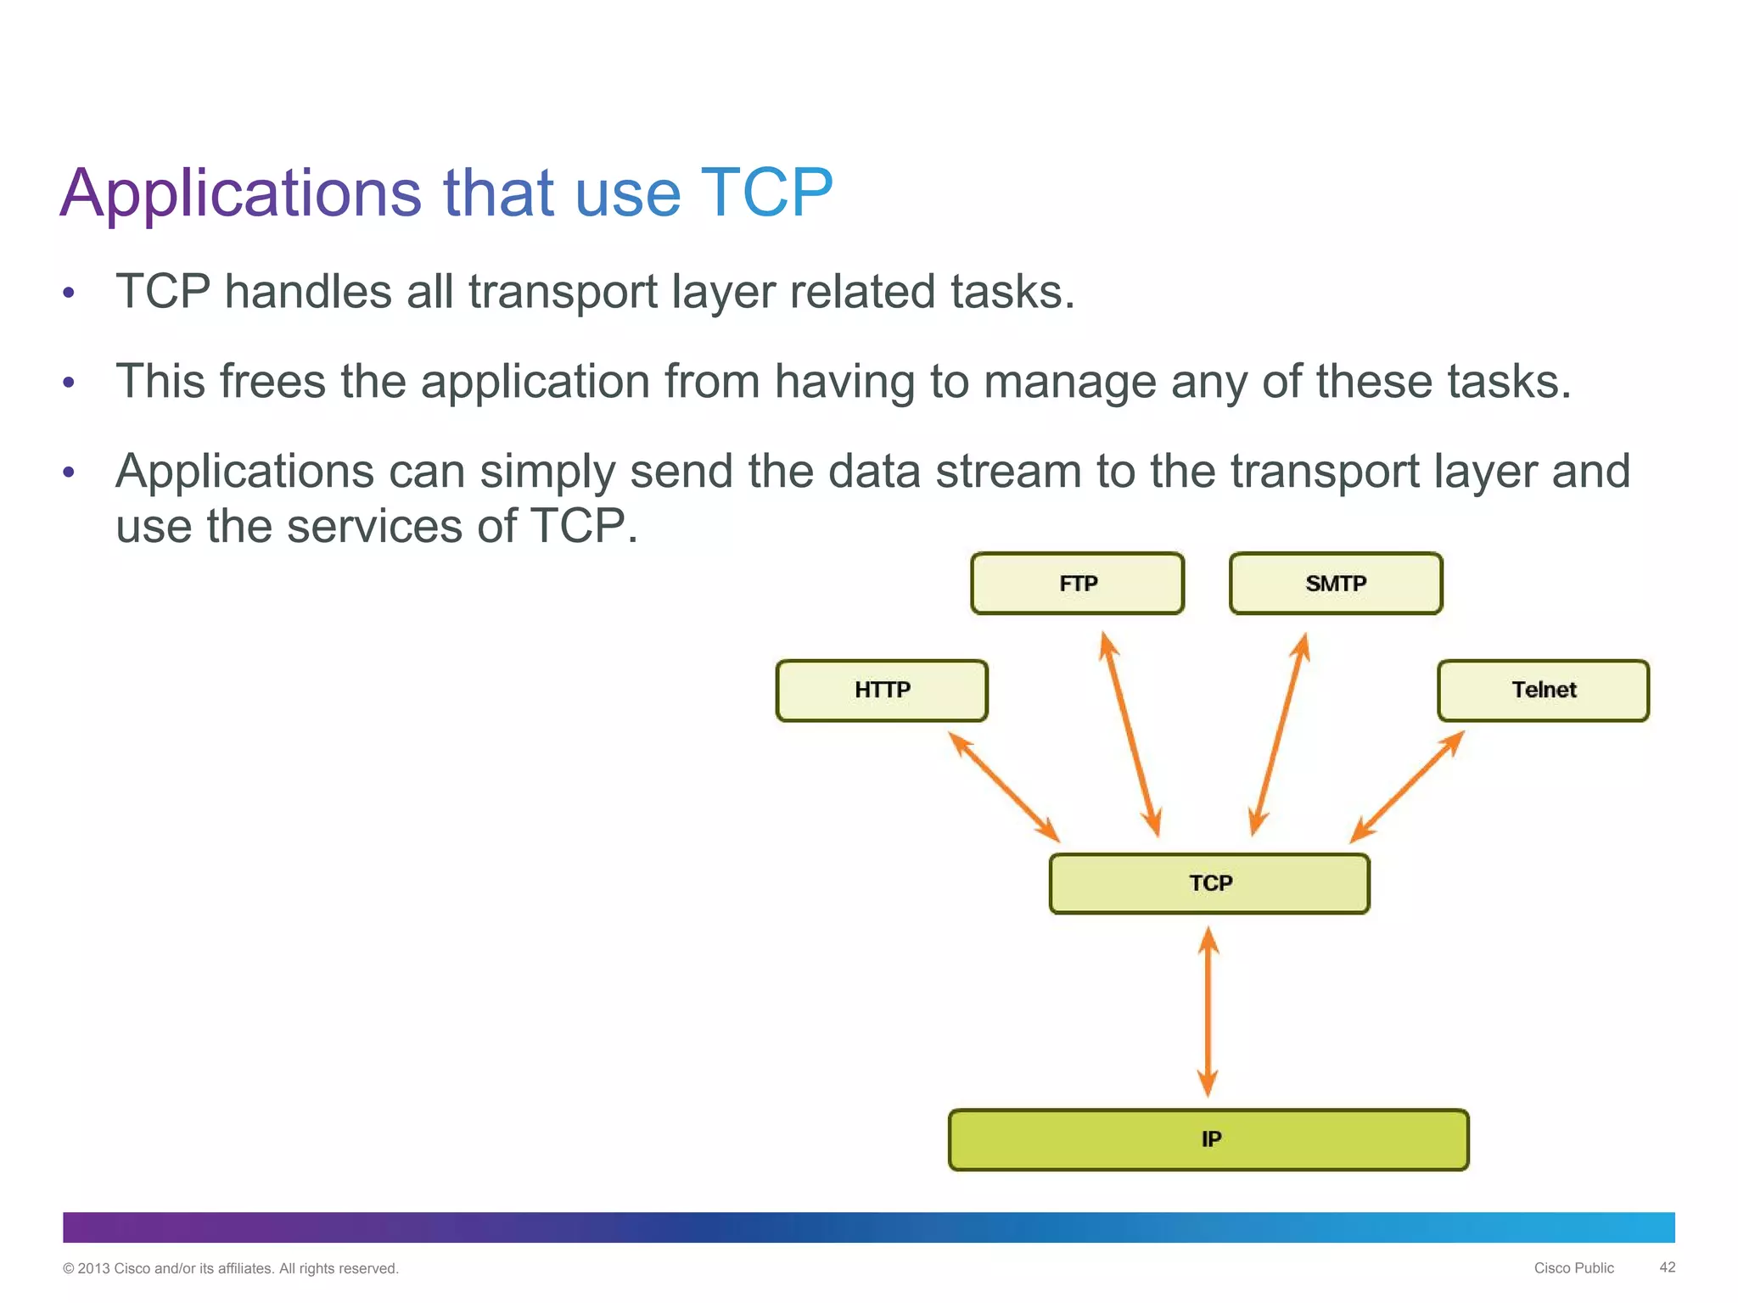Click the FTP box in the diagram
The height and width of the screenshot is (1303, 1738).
(1077, 584)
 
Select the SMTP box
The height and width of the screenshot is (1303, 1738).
(1336, 584)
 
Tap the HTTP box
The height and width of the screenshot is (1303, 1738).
(882, 691)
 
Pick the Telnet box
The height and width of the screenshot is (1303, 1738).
(1543, 691)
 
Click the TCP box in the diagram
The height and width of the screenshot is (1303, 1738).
(1209, 884)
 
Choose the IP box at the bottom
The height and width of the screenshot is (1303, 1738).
(1208, 1140)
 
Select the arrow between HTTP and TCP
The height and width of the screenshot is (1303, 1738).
(1004, 787)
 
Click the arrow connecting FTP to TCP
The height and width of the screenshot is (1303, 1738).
(1130, 735)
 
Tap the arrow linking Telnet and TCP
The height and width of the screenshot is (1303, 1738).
(1407, 787)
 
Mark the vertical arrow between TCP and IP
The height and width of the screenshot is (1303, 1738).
(1208, 1012)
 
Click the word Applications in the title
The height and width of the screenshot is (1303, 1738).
(240, 193)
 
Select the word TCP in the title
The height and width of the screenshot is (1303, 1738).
(767, 193)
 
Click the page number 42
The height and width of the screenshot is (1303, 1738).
(1667, 1267)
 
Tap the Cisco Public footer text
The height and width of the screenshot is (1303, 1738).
(1573, 1268)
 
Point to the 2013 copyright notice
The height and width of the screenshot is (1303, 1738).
(230, 1269)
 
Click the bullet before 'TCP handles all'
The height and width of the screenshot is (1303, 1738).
(69, 294)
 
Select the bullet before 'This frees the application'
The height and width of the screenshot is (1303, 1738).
(69, 383)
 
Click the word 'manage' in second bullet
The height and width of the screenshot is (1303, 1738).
(1069, 383)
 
